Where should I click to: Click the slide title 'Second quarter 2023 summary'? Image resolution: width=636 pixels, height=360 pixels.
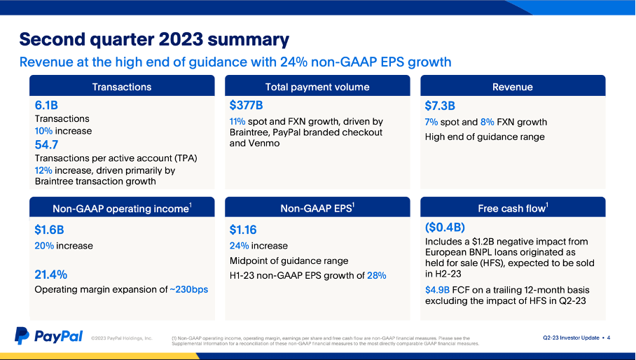(x=153, y=39)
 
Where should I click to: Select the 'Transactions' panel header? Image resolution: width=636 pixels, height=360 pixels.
(x=121, y=87)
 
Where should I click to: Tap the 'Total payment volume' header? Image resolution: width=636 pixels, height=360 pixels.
(x=317, y=87)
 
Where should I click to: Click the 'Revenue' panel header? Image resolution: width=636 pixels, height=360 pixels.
(x=512, y=87)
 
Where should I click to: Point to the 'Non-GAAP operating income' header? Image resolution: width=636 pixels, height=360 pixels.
(x=121, y=208)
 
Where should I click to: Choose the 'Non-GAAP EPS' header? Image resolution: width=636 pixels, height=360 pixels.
(x=317, y=207)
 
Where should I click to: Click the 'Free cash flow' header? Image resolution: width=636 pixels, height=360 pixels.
(x=512, y=207)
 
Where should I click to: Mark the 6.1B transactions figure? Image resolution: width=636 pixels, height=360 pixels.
(x=46, y=106)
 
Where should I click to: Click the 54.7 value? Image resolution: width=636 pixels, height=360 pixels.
(x=46, y=145)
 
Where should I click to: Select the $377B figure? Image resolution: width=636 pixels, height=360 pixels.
(x=246, y=106)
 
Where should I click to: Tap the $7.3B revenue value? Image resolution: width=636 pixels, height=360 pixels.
(x=440, y=106)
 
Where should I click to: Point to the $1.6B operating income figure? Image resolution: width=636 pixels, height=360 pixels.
(x=49, y=229)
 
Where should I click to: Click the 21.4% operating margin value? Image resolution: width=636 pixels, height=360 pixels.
(x=50, y=274)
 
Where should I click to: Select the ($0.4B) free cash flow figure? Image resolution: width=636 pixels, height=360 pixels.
(x=445, y=228)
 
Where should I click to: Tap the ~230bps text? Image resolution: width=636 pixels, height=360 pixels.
(x=188, y=289)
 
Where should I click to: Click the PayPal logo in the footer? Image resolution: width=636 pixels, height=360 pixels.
(x=49, y=336)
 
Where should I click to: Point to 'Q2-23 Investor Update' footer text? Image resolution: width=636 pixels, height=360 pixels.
(x=570, y=338)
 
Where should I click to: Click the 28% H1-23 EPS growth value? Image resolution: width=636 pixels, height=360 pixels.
(x=376, y=275)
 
